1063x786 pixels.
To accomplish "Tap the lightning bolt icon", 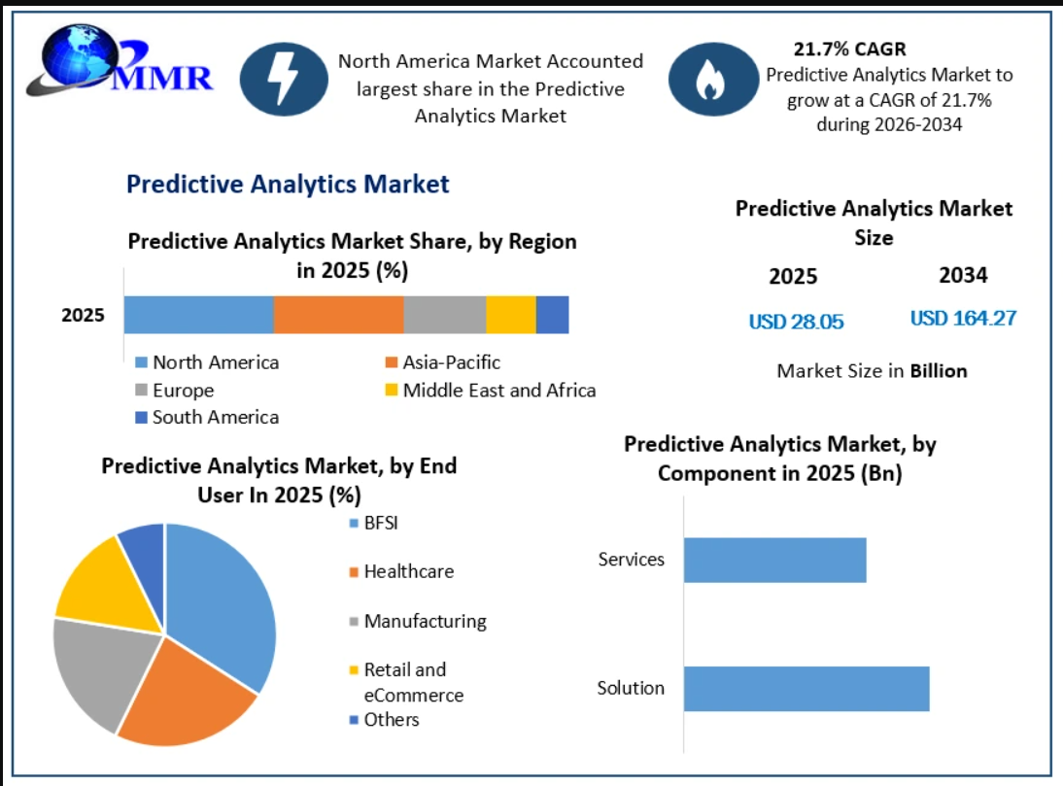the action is click(x=284, y=79).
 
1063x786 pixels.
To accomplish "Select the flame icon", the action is click(x=713, y=80).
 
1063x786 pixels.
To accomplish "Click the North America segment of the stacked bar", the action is click(x=198, y=315).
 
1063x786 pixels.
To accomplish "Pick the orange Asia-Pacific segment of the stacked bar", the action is click(x=339, y=315).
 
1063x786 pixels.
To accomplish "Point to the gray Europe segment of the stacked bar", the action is click(x=445, y=315).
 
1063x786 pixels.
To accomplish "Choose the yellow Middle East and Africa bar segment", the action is click(x=511, y=315).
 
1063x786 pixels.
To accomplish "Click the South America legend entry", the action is click(x=207, y=418).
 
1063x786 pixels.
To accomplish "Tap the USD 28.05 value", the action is click(x=796, y=322).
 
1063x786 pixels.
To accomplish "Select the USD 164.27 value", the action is click(x=963, y=318).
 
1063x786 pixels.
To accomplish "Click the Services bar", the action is click(x=774, y=560).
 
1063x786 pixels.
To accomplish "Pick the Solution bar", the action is click(x=806, y=689).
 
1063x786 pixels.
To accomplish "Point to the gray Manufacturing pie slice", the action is click(x=102, y=670).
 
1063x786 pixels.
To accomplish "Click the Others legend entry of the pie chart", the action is click(x=385, y=720).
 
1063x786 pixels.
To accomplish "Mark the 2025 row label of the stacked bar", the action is click(x=83, y=315).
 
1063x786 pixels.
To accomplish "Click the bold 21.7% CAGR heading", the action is click(x=850, y=49).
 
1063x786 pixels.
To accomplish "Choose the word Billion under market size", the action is click(x=939, y=370).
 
